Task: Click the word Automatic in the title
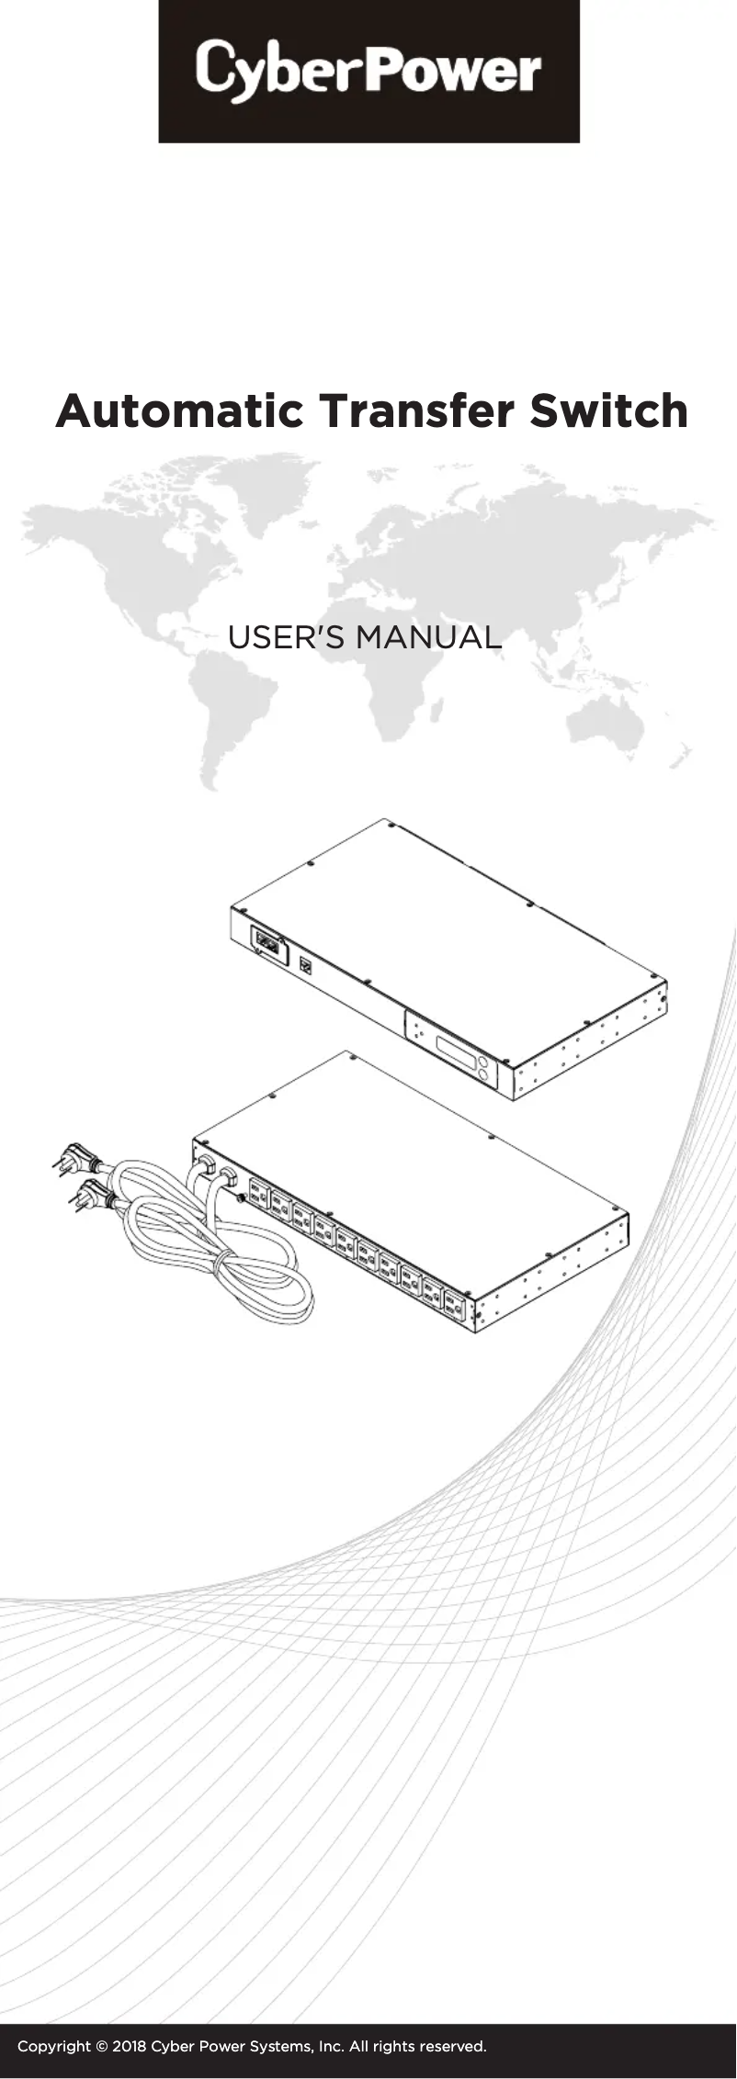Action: (x=179, y=411)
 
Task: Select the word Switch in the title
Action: (x=608, y=411)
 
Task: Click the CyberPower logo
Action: (x=368, y=71)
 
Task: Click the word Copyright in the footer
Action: (x=54, y=2047)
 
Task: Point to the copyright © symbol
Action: (x=102, y=2047)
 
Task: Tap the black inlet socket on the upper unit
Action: (x=266, y=943)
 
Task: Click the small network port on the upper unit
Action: (x=306, y=965)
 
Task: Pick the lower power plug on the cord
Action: (x=92, y=1196)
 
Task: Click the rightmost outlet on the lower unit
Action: (x=455, y=1306)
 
